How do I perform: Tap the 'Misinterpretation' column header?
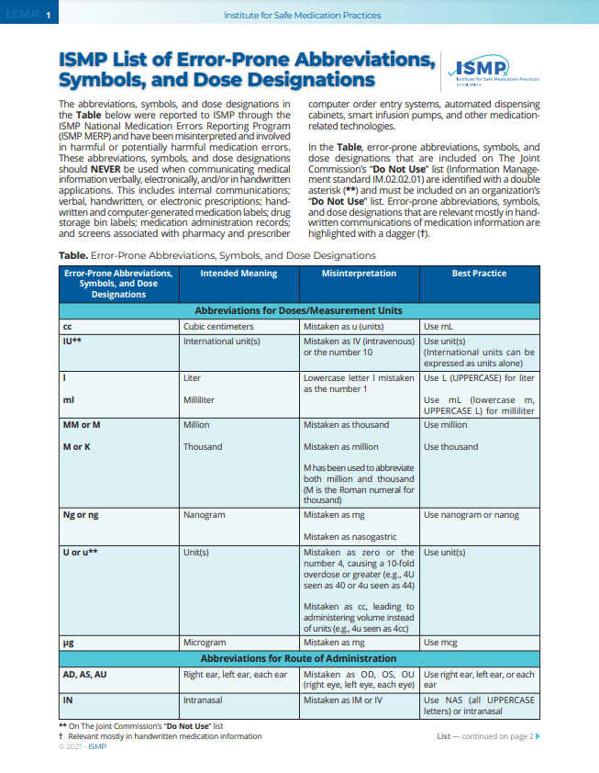tap(359, 274)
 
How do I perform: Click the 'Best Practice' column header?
tap(478, 274)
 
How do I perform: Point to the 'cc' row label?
tap(67, 327)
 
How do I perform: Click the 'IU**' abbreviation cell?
tap(72, 341)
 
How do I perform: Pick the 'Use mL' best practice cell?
tap(438, 327)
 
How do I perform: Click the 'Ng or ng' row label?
tap(81, 515)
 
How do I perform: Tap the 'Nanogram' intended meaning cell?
tap(205, 515)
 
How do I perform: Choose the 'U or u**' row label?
tap(80, 553)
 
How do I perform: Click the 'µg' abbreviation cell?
tap(68, 644)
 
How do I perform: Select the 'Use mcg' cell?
tap(441, 644)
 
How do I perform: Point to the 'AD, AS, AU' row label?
tap(84, 675)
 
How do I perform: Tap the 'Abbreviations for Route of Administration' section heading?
tap(298, 658)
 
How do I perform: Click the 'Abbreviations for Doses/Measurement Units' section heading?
tap(298, 311)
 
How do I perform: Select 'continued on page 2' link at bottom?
tap(493, 736)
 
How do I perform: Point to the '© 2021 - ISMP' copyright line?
tap(83, 746)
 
